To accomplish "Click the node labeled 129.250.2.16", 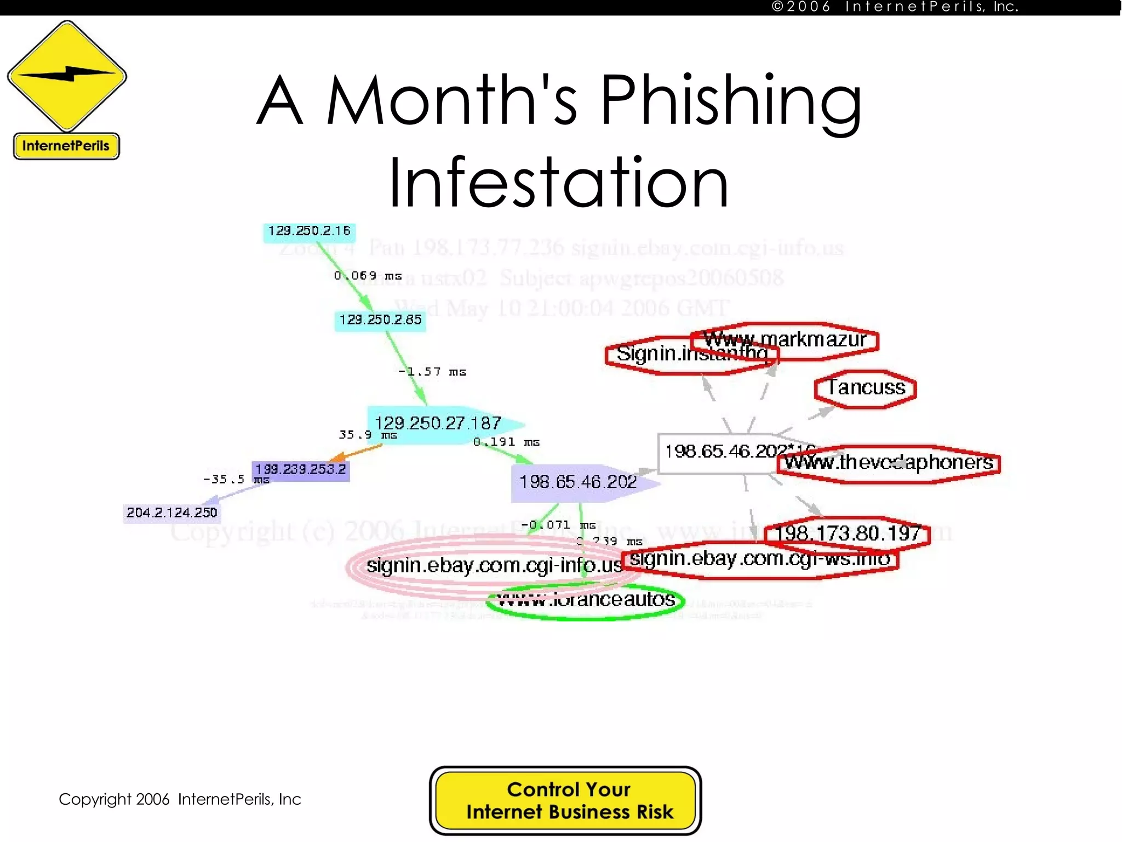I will coord(309,231).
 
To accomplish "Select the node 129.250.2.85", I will coord(380,320).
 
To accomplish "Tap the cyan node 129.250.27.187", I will coord(437,424).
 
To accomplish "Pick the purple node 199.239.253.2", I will coord(301,470).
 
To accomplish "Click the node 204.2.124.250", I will coord(171,513).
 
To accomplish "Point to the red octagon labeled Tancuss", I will coord(866,389).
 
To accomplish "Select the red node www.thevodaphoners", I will coord(889,463).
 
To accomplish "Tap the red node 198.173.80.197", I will coord(848,533).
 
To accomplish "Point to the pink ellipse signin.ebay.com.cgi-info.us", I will coord(482,566).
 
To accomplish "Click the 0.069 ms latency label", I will coord(368,276).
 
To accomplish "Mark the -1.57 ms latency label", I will coord(432,372).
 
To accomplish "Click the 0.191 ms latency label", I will coord(506,442).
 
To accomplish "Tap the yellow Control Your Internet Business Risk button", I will coord(565,800).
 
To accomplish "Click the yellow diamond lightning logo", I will coord(67,76).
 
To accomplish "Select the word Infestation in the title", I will coord(558,182).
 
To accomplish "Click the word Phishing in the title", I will coord(731,101).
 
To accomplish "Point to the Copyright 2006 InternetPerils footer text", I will coord(180,799).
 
